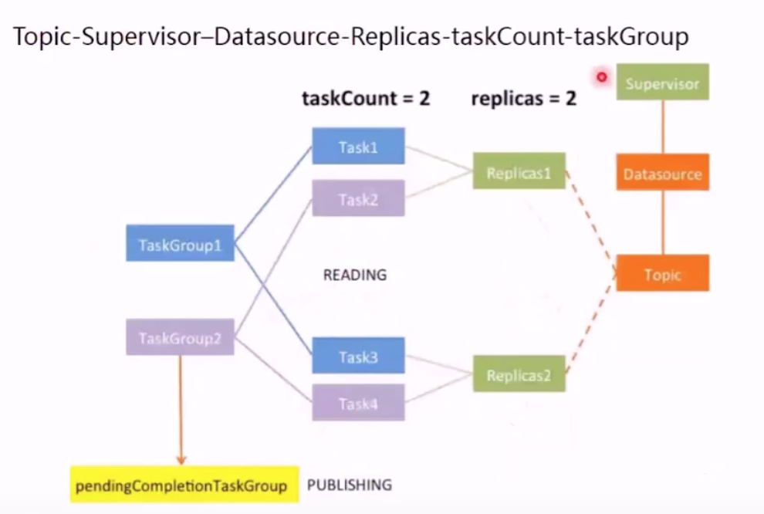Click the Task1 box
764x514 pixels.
coord(358,147)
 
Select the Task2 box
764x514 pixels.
coord(358,198)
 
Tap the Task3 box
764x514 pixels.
coord(358,356)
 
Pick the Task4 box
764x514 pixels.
coord(358,402)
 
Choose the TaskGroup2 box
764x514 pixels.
coord(180,336)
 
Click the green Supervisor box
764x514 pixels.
coord(662,82)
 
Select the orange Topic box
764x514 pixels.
coord(662,273)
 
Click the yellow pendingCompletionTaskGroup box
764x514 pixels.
coord(184,485)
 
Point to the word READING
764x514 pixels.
coord(354,274)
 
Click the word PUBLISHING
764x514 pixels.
coord(349,485)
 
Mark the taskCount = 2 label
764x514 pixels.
coord(365,98)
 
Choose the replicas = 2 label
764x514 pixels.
coord(523,98)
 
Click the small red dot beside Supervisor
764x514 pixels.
coord(601,76)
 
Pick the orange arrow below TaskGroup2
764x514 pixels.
coord(180,409)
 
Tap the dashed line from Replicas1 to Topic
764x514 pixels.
coord(591,220)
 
